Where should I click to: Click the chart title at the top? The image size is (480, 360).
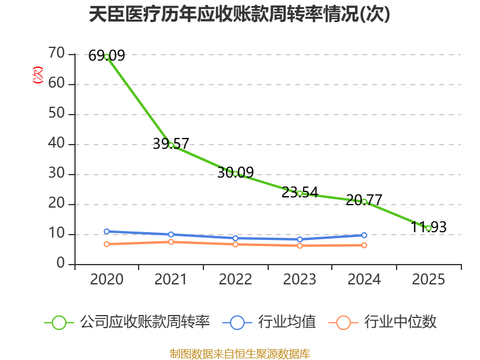point(239,14)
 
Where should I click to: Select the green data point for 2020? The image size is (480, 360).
point(107,56)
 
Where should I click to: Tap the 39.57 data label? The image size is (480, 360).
point(171,143)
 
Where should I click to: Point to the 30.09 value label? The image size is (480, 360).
point(235,172)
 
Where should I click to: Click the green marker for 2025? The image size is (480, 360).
point(428,229)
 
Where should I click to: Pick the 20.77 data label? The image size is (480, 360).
point(364,200)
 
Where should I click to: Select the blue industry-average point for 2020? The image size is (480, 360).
point(107,232)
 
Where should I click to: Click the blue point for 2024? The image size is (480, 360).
point(364,235)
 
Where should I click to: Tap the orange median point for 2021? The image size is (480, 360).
point(171,242)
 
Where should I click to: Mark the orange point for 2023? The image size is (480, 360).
point(299,245)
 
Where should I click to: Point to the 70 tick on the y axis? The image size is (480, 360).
point(56,53)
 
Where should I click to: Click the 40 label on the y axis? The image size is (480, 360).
point(56,143)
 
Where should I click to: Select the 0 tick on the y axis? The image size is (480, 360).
point(61,263)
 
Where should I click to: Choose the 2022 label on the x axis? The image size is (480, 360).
point(235,279)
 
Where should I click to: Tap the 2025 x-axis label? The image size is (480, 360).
point(428,279)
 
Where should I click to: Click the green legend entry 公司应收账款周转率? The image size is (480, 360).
point(127,322)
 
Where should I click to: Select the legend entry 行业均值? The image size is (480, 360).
point(269,322)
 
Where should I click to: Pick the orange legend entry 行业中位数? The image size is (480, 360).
point(382,322)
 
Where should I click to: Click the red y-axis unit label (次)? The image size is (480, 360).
point(38,74)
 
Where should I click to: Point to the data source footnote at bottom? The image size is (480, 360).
point(239,353)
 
